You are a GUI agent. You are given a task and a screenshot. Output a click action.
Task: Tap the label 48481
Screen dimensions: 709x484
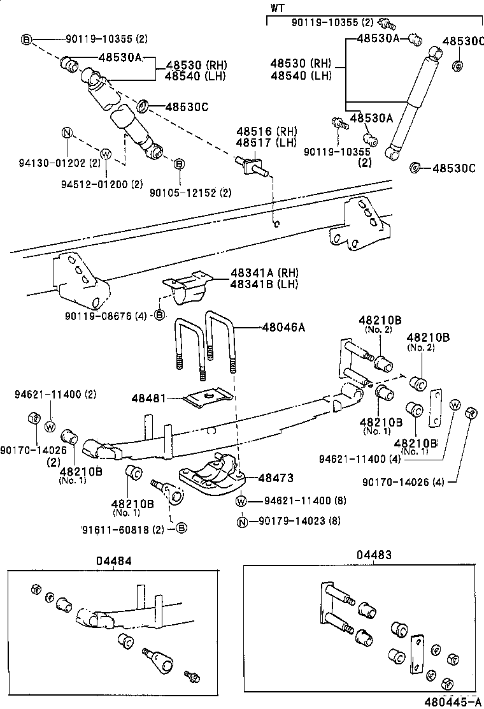click(148, 398)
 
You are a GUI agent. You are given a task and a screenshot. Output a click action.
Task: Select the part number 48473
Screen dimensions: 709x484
click(276, 478)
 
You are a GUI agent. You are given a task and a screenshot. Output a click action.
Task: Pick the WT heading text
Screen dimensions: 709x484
click(277, 8)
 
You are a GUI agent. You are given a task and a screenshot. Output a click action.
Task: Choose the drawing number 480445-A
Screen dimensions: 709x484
click(453, 701)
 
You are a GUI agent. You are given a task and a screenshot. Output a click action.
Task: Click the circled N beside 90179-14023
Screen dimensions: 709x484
click(242, 522)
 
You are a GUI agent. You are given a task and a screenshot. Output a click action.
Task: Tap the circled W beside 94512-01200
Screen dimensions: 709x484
click(106, 153)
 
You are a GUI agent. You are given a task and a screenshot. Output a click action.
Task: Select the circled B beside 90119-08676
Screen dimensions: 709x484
click(159, 315)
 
